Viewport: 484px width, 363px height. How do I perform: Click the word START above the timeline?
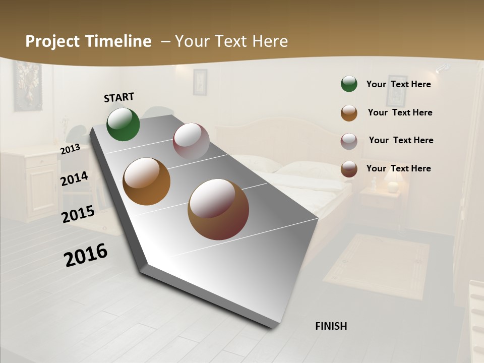pos(119,97)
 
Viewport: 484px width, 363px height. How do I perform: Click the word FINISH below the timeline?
pos(331,326)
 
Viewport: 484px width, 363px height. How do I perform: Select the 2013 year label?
pos(70,149)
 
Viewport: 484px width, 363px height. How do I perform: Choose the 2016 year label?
pos(86,255)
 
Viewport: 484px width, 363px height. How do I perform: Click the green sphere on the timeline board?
pos(123,124)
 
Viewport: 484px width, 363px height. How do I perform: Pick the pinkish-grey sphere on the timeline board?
pos(191,141)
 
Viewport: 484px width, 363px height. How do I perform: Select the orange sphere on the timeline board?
pos(146,181)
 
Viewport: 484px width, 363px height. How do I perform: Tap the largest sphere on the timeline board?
pos(218,209)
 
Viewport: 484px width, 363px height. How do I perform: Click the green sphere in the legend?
pos(349,84)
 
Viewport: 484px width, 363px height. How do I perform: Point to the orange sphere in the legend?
pos(349,112)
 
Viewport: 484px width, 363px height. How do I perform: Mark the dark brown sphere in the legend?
pos(349,169)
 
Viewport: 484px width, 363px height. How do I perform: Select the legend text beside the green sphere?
pos(398,84)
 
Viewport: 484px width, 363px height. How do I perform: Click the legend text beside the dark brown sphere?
pos(398,168)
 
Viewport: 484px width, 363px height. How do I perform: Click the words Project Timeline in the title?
pos(88,41)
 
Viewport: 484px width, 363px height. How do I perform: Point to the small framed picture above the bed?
pos(200,82)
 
